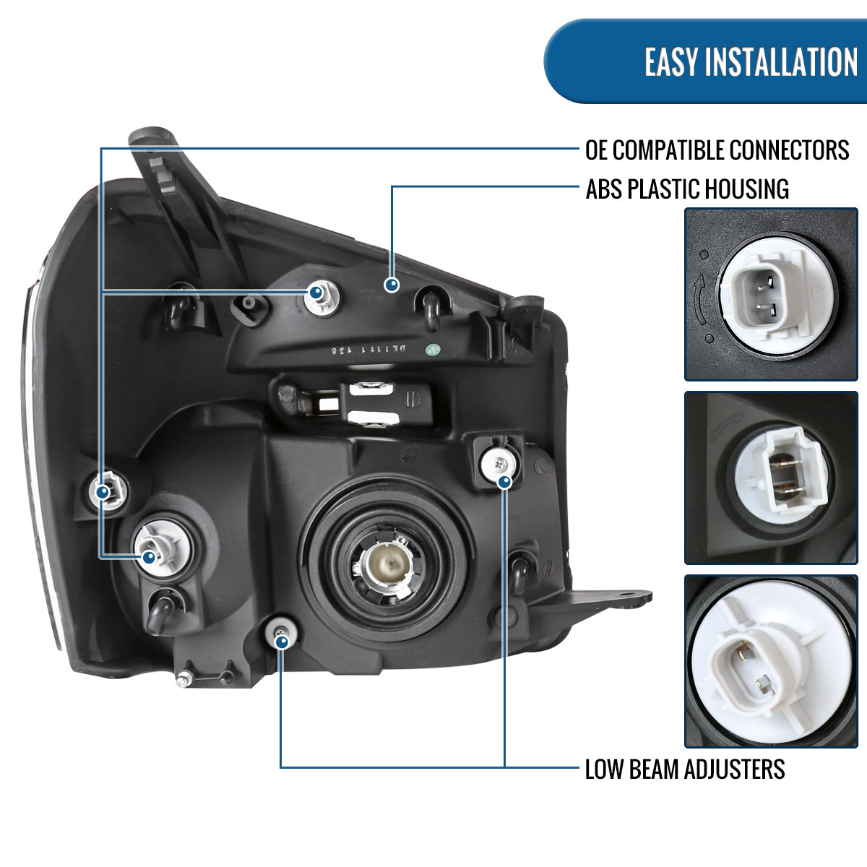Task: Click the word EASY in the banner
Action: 672,62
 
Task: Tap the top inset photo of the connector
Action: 770,295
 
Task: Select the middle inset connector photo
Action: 770,478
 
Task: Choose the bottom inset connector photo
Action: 770,660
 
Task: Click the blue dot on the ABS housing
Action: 392,285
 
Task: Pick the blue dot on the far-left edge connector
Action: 102,493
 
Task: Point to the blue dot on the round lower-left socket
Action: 149,557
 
